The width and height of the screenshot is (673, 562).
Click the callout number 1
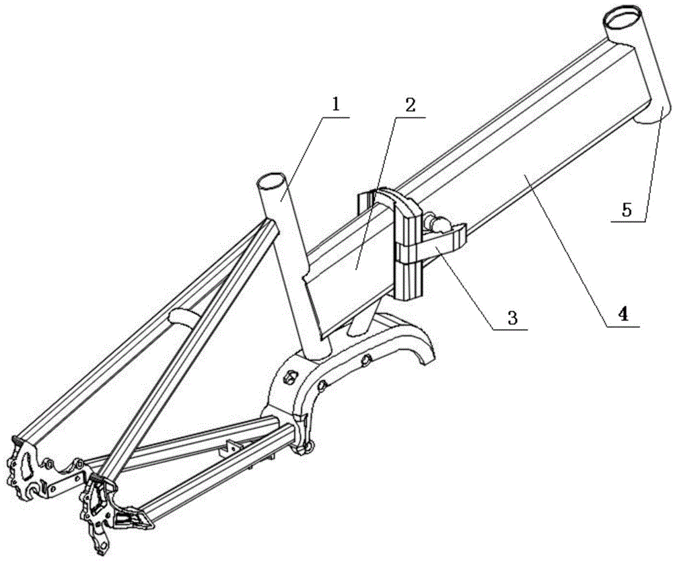(336, 92)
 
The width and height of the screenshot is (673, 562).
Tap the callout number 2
(411, 105)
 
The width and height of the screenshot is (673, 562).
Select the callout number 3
(512, 318)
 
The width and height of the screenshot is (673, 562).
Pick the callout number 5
(627, 211)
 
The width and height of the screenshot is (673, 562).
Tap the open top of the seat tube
(271, 181)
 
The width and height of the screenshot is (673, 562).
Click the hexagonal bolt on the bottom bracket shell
(291, 377)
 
